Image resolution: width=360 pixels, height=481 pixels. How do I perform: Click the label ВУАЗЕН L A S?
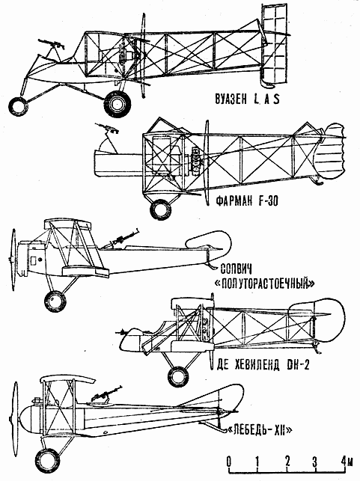pos(247,99)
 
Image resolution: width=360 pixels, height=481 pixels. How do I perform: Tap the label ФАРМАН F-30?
pos(247,201)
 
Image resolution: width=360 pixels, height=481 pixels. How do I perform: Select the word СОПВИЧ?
pos(237,269)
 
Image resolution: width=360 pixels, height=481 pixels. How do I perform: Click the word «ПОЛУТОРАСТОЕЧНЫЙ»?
pos(264,284)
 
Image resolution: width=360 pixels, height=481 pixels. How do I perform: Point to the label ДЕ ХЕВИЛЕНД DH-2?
pos(263,365)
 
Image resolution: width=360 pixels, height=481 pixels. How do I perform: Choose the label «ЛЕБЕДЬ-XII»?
pos(260,431)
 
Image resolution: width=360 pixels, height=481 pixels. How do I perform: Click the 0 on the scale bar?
pos(228,461)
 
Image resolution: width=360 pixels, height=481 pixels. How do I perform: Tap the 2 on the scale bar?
pos(287,461)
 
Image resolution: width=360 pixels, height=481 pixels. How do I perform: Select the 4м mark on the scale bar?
pos(347,461)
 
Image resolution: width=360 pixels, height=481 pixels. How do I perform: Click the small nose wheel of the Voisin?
pos(18,105)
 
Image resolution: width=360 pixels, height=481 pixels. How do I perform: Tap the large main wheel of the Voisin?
pos(118,104)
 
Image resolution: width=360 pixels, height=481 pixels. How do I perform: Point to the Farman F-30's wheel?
pos(160,209)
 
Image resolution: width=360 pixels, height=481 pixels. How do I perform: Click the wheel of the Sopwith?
pos(55,301)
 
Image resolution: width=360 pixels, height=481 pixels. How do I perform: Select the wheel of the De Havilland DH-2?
pos(178,376)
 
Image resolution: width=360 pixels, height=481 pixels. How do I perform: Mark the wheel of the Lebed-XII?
pos(48,461)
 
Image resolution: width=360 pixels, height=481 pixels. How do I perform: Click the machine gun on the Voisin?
pos(51,43)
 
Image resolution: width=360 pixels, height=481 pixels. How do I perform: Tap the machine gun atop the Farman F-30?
pos(107,128)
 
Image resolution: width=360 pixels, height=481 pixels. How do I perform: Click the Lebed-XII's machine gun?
pos(106,393)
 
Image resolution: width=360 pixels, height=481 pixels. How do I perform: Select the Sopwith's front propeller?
pos(13,260)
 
